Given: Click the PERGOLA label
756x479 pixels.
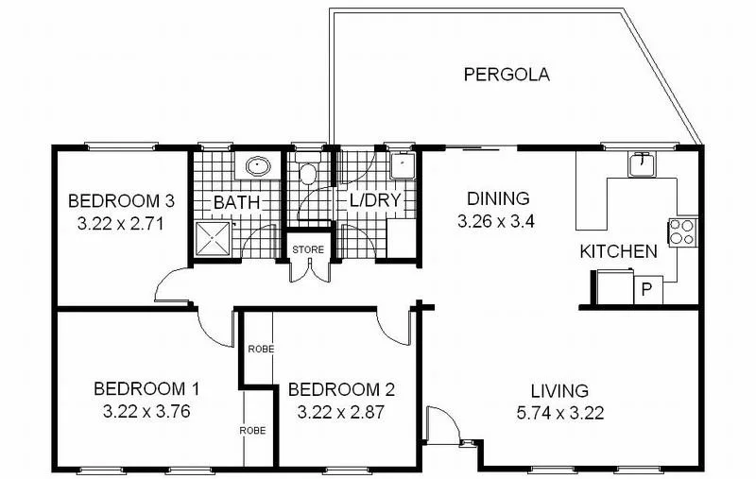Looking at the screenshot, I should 507,75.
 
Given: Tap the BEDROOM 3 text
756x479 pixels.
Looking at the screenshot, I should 122,201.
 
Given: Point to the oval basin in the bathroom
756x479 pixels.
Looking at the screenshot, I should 257,167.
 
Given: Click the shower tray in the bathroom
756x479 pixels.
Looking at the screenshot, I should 214,237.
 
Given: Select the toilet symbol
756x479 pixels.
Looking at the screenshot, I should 307,175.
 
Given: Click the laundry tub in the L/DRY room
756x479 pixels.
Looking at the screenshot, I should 404,168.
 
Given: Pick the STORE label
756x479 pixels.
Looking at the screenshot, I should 308,249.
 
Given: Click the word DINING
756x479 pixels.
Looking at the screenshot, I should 497,199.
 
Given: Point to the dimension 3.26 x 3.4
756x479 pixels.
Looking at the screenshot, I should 497,223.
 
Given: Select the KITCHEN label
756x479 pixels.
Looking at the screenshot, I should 618,251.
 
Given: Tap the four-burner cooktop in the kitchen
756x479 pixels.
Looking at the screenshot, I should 681,231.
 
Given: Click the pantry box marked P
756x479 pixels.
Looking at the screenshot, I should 647,288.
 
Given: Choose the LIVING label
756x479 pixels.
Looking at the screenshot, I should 558,390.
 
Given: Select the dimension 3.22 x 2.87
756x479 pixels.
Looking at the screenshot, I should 341,412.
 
